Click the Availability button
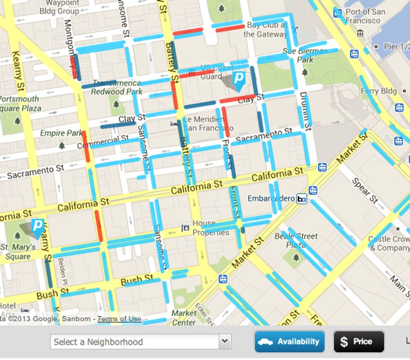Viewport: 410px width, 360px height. point(290,342)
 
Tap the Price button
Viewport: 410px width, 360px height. point(359,342)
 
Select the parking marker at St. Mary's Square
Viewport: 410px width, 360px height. point(37,227)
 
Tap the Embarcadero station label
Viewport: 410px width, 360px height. point(271,198)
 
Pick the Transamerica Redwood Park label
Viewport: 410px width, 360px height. point(117,87)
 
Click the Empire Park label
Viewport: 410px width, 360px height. point(61,134)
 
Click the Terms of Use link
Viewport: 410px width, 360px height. point(119,319)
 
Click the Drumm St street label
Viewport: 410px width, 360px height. point(305,111)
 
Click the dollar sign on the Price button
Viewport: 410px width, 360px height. point(344,342)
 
